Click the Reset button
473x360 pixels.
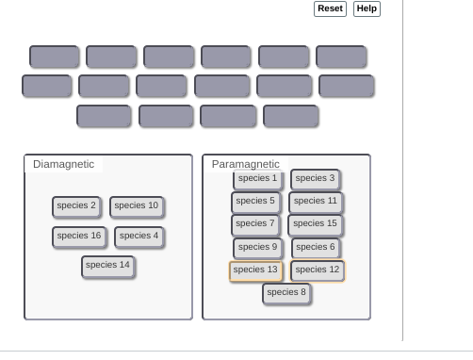[330, 8]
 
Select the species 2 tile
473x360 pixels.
[76, 207]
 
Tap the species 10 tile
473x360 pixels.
[137, 207]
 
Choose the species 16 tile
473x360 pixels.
[79, 237]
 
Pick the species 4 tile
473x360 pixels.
[139, 237]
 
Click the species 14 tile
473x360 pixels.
[108, 267]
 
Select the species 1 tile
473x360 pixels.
[258, 180]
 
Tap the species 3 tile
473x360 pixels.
[316, 179]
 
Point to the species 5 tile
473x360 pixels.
[255, 203]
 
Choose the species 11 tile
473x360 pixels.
[316, 203]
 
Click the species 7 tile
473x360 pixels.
[255, 225]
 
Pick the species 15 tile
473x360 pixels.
[316, 225]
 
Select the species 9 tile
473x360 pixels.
[258, 248]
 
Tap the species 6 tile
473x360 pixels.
[316, 248]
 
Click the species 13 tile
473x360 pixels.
[255, 270]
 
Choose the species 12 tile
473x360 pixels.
[318, 270]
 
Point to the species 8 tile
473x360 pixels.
[286, 294]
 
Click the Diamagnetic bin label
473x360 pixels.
[64, 164]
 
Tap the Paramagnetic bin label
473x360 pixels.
[246, 164]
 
